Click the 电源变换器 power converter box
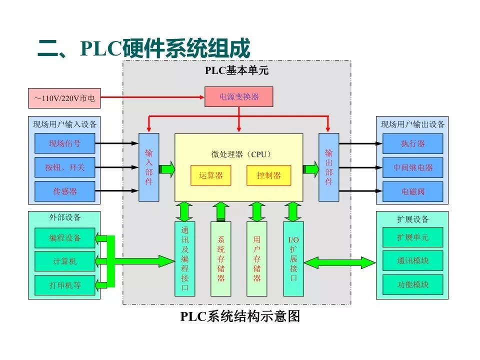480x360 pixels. (x=239, y=97)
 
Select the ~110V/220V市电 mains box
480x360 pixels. (x=64, y=98)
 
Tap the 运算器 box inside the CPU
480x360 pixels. (x=211, y=175)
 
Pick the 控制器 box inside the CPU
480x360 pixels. (x=268, y=175)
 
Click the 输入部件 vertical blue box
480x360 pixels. (x=148, y=167)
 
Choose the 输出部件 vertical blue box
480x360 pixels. (x=328, y=167)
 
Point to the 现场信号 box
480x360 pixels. (x=64, y=143)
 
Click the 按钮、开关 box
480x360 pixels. (x=64, y=167)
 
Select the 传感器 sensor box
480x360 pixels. (x=64, y=191)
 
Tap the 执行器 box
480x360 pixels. (x=412, y=143)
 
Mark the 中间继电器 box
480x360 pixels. (x=412, y=167)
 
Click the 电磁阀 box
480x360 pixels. (x=412, y=191)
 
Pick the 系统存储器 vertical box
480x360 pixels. (x=221, y=258)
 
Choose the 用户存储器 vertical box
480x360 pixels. (x=257, y=258)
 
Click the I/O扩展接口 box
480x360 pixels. (x=293, y=258)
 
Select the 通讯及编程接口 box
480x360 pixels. (x=184, y=258)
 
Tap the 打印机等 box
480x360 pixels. (x=64, y=285)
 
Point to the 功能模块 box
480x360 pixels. (x=412, y=284)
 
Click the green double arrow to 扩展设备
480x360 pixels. (x=339, y=262)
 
